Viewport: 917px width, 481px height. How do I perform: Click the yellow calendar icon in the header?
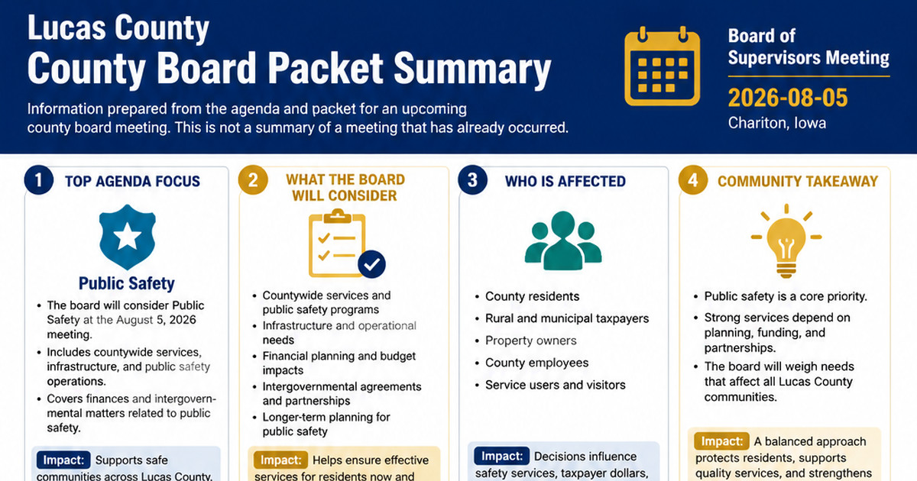(x=662, y=66)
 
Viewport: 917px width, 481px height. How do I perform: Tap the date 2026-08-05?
(x=788, y=98)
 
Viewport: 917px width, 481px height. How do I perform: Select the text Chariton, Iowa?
(x=776, y=123)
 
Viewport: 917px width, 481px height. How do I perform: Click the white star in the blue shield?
(x=128, y=237)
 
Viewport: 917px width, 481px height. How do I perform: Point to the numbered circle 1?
(x=38, y=180)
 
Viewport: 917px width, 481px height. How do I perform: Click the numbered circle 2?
(x=253, y=180)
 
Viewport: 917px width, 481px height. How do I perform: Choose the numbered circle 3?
(x=472, y=180)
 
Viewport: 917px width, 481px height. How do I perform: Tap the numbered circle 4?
(x=692, y=180)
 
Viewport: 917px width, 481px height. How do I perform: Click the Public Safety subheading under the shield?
(x=127, y=283)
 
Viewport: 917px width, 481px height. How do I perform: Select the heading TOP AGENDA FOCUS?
(x=132, y=181)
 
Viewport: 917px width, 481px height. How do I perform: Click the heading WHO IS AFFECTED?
(x=565, y=181)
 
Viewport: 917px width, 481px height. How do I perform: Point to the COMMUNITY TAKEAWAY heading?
(x=798, y=181)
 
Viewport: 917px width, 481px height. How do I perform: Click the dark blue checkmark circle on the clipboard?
(x=371, y=264)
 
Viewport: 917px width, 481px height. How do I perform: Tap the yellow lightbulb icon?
(x=786, y=241)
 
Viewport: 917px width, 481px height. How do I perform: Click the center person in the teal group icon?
(x=563, y=240)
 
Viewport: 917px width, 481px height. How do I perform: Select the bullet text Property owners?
(x=530, y=341)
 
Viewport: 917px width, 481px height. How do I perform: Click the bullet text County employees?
(x=536, y=363)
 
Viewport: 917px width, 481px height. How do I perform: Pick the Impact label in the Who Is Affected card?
(x=501, y=456)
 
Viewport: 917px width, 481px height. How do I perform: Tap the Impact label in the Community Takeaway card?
(x=721, y=441)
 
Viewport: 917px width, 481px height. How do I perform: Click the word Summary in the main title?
(x=472, y=68)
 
